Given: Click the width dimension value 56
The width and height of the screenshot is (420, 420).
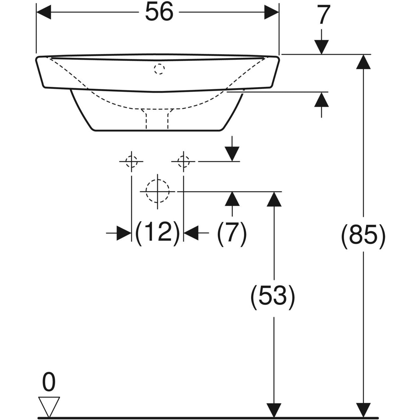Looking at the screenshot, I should click(159, 13).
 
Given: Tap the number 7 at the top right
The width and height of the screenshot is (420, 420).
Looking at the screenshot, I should click(324, 16).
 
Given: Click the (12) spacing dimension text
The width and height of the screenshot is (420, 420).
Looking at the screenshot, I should click(157, 232).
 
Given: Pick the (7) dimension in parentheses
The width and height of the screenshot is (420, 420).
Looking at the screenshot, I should click(232, 232).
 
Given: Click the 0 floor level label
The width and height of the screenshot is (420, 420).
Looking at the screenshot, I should click(49, 383).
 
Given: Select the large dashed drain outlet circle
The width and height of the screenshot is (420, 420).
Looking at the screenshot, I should click(157, 191).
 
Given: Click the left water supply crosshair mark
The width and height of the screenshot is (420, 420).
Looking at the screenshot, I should click(131, 161).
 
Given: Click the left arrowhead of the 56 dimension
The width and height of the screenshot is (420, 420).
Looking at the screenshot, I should click(44, 13).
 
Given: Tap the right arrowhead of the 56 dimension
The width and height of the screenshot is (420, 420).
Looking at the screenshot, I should click(272, 13).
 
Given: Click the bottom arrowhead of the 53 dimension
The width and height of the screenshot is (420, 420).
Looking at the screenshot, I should click(274, 410).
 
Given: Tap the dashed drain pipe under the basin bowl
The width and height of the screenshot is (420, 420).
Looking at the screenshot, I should click(157, 118).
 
